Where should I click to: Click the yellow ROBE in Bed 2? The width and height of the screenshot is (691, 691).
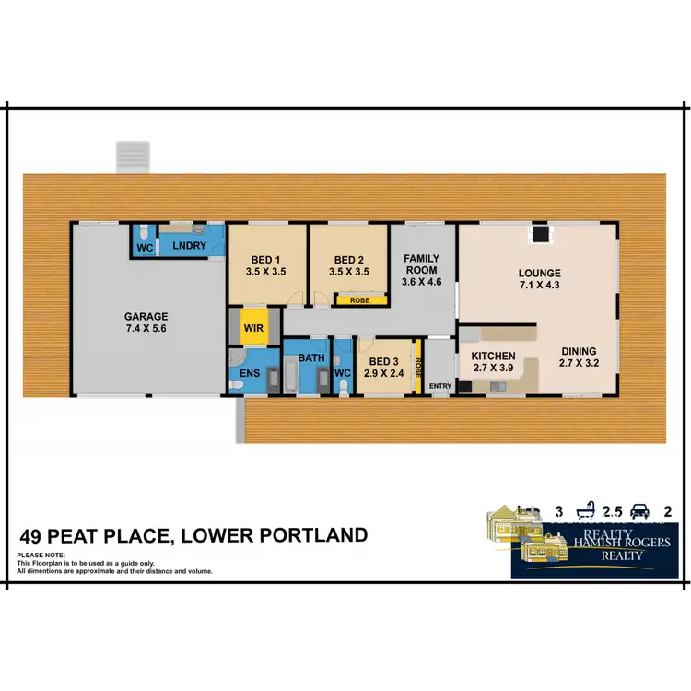pyautogui.click(x=353, y=299)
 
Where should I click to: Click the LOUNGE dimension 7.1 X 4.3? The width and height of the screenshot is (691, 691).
pyautogui.click(x=539, y=286)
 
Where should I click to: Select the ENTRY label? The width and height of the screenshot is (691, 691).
pyautogui.click(x=440, y=384)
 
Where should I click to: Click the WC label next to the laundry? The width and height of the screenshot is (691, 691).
pyautogui.click(x=144, y=248)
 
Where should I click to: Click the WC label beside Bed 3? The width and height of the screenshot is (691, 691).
pyautogui.click(x=342, y=372)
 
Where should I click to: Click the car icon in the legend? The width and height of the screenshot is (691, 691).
pyautogui.click(x=638, y=509)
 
